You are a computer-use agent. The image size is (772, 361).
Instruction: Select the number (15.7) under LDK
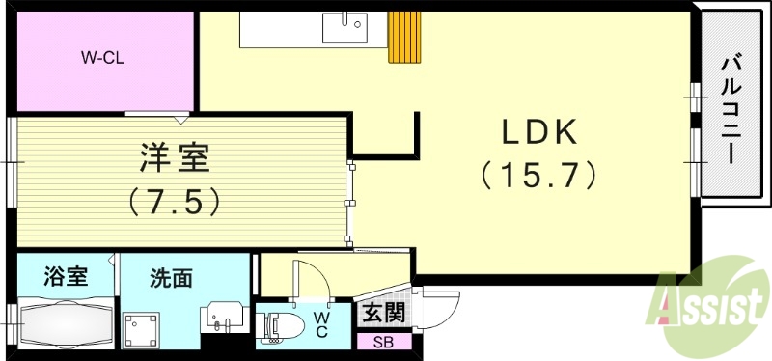pos(538,175)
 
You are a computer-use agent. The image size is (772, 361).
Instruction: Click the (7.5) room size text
pos(175,201)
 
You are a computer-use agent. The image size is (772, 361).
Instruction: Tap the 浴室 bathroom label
pos(66,278)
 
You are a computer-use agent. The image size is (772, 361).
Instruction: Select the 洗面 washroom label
pos(171,279)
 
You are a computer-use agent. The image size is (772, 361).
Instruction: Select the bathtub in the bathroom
pos(65,323)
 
